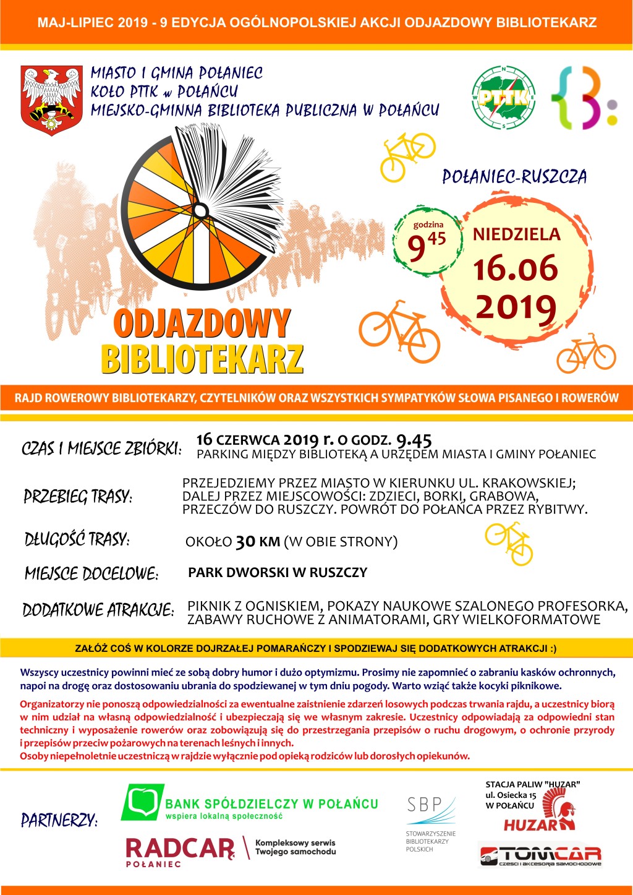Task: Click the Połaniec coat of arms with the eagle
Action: click(x=52, y=99)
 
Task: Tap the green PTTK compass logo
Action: click(x=503, y=98)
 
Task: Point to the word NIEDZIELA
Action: click(x=517, y=234)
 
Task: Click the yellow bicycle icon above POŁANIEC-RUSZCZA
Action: click(x=407, y=156)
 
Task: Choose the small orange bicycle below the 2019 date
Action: click(x=586, y=354)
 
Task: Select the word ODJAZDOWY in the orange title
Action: click(x=202, y=323)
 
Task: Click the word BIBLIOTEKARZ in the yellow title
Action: click(x=202, y=359)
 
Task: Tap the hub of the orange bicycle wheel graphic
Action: click(x=200, y=211)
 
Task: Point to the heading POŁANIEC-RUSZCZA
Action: click(x=514, y=177)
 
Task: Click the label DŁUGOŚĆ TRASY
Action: click(x=77, y=539)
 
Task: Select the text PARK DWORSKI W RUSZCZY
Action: click(x=278, y=572)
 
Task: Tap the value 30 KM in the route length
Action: click(x=258, y=542)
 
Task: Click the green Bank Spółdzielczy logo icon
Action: click(x=143, y=802)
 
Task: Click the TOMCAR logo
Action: click(x=541, y=856)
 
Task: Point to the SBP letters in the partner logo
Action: click(x=424, y=804)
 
